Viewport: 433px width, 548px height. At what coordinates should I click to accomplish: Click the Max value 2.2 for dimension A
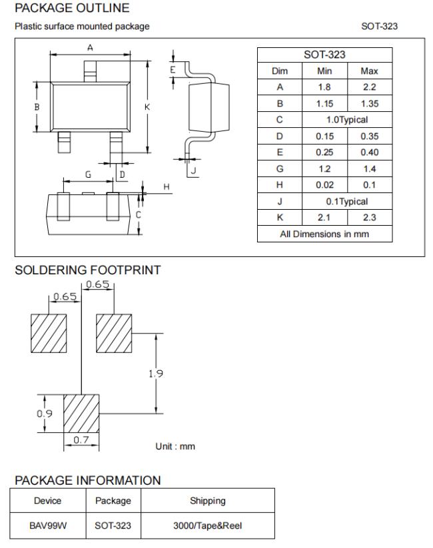(x=369, y=87)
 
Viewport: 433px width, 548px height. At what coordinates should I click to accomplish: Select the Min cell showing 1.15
(x=324, y=104)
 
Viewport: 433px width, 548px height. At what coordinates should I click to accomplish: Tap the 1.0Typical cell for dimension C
(x=347, y=120)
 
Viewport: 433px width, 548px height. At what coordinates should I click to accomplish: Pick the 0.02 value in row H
(x=324, y=185)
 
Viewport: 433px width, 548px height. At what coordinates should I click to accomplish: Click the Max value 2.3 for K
(x=369, y=217)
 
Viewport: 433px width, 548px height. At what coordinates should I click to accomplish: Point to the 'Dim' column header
(x=280, y=71)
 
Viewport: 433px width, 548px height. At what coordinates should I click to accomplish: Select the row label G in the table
(x=280, y=169)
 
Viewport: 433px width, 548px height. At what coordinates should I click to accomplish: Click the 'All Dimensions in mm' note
(x=324, y=234)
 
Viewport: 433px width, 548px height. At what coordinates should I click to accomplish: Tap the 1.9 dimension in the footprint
(x=156, y=374)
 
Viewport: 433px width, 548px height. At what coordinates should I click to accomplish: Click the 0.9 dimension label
(x=45, y=413)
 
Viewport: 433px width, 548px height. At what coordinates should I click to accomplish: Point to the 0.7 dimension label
(x=81, y=439)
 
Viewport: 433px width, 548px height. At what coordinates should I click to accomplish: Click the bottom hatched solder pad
(x=81, y=413)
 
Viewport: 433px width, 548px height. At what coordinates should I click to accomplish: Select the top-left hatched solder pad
(x=49, y=333)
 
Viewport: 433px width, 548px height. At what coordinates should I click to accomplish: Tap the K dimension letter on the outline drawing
(x=147, y=107)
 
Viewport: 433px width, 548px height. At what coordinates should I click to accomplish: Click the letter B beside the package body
(x=37, y=107)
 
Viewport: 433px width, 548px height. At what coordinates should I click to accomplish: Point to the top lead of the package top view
(x=90, y=72)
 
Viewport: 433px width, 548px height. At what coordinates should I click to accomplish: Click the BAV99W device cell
(x=48, y=525)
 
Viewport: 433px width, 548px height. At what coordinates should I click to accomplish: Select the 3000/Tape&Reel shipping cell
(x=208, y=525)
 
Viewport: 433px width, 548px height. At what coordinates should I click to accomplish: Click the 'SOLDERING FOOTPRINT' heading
(x=88, y=270)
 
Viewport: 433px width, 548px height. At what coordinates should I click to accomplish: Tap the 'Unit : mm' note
(x=175, y=446)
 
